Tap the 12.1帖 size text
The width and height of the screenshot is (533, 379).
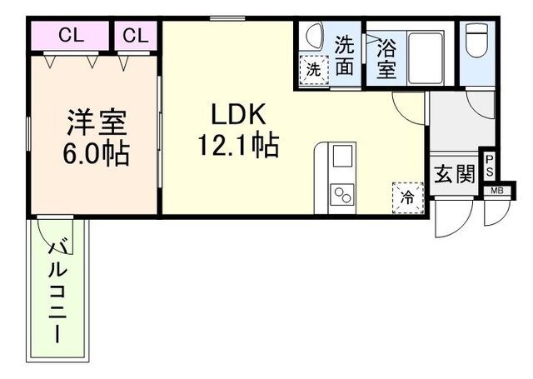(x=237, y=147)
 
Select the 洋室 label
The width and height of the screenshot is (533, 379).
(x=96, y=123)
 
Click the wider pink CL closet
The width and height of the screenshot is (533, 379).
(x=71, y=36)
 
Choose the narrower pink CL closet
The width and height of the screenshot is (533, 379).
(x=136, y=36)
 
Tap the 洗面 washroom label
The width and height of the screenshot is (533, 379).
(x=345, y=54)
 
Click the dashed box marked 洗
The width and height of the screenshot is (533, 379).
(x=312, y=70)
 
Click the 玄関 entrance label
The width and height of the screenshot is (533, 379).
(x=454, y=174)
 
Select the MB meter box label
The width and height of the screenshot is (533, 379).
(x=496, y=191)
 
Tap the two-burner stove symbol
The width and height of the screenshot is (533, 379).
(x=342, y=195)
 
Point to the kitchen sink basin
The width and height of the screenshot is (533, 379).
(x=342, y=156)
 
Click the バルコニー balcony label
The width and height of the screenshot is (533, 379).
(x=57, y=292)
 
